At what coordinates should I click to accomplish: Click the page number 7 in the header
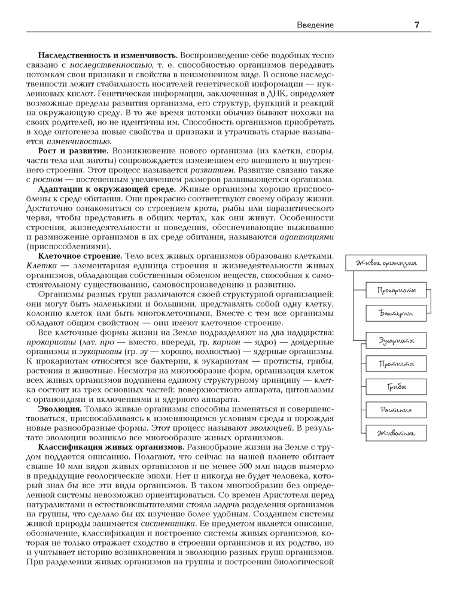416,25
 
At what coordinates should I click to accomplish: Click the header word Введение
315,25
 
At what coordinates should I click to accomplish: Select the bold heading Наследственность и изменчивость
108,55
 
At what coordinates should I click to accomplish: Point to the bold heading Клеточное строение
80,256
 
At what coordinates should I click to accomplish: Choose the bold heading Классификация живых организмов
111,447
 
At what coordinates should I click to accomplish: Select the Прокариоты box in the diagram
396,291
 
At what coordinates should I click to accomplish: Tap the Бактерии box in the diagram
396,313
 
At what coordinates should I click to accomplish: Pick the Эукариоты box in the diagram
396,341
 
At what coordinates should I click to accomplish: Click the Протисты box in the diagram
396,364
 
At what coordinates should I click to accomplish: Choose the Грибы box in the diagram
396,387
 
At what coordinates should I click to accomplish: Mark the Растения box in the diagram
396,410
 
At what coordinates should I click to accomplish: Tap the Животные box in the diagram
396,432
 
